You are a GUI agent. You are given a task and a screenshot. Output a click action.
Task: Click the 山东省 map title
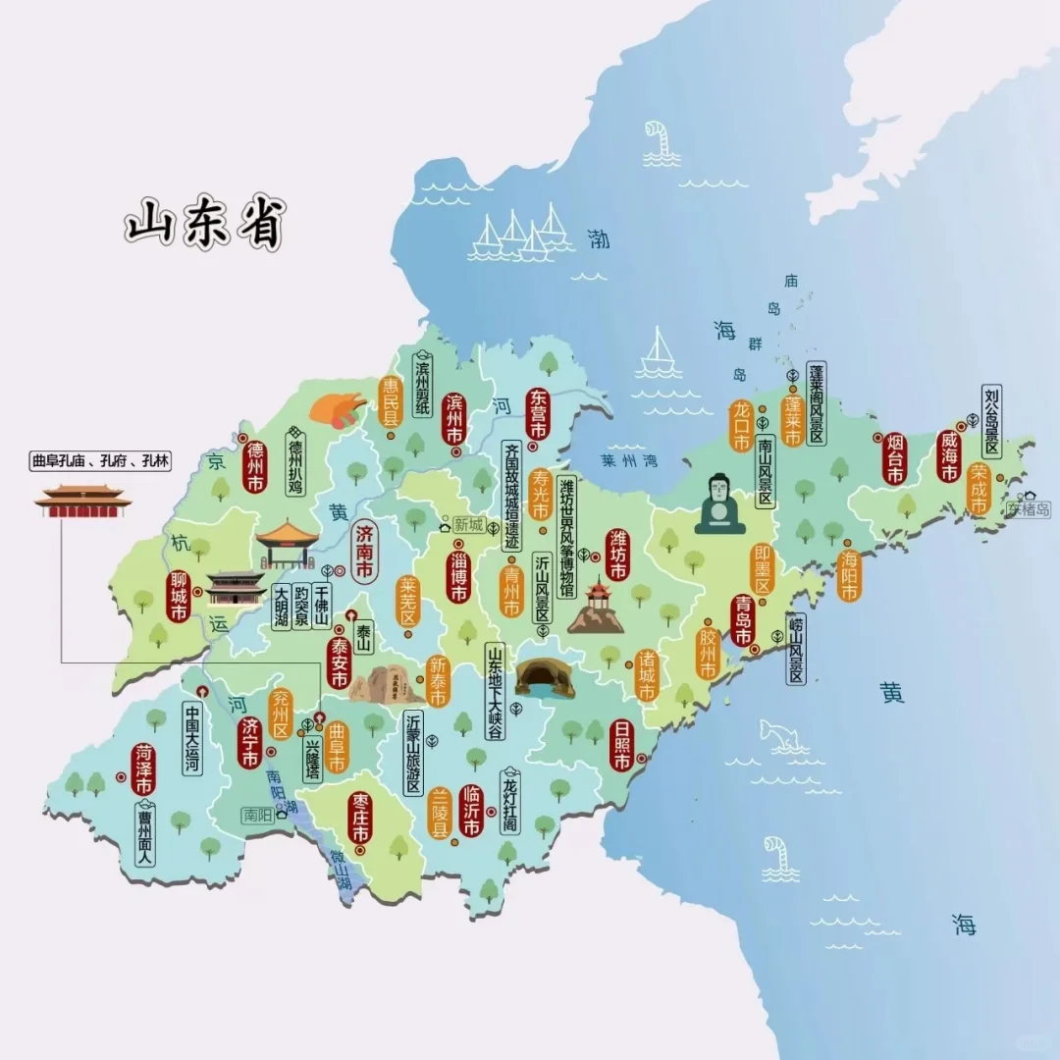[204, 226]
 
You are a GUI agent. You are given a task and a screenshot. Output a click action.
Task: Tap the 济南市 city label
[365, 553]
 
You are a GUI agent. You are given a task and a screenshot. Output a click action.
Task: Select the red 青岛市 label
[743, 620]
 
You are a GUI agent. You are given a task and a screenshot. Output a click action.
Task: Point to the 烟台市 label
[894, 457]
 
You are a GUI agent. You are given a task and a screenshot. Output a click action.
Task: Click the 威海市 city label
[948, 457]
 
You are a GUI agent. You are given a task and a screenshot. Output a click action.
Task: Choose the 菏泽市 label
[144, 771]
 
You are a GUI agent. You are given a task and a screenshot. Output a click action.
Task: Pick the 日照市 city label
[620, 748]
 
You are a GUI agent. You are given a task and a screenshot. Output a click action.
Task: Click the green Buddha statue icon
[720, 504]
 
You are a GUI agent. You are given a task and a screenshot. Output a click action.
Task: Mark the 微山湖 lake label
[342, 870]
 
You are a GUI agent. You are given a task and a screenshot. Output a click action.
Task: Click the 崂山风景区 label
[795, 648]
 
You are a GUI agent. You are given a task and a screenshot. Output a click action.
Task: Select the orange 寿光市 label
[539, 494]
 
